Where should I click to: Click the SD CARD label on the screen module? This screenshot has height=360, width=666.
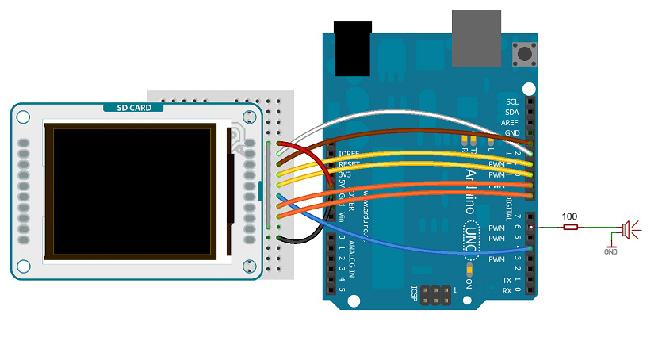coord(134,108)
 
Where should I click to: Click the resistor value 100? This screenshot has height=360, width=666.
coord(569,216)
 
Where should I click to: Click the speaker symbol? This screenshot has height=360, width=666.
coord(625,228)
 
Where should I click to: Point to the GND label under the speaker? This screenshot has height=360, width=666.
coord(610,251)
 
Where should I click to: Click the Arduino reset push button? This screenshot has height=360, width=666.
coord(523,56)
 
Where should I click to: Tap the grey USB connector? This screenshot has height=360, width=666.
coord(477,37)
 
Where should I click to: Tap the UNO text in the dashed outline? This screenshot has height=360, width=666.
coord(470,234)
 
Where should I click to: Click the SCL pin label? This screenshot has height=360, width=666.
coord(511,101)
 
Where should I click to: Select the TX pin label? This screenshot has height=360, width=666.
coord(507,281)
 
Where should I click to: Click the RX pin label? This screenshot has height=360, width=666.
coord(507,291)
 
